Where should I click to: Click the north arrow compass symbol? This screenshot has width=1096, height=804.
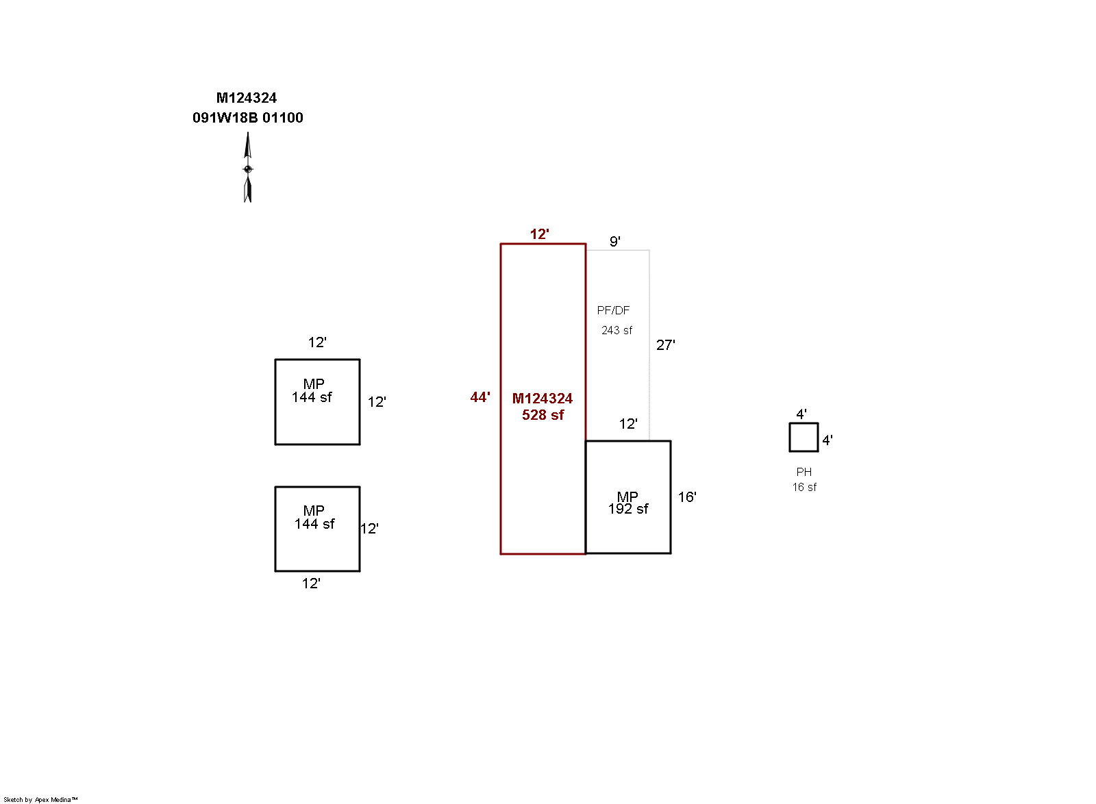click(248, 168)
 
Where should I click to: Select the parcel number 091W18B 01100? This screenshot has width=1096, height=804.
click(248, 118)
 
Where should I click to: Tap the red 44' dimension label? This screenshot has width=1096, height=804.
click(480, 397)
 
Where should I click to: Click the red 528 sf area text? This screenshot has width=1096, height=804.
click(543, 415)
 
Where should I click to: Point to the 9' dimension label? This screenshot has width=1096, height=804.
click(615, 241)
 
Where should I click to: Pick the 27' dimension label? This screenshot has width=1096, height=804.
click(665, 345)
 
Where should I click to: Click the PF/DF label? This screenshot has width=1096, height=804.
click(613, 310)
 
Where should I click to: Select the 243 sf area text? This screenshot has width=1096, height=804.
click(616, 330)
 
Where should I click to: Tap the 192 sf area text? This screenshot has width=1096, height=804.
click(628, 509)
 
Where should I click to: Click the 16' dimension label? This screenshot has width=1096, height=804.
click(687, 497)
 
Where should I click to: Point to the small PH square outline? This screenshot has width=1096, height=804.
click(804, 437)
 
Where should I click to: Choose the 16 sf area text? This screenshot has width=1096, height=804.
click(804, 487)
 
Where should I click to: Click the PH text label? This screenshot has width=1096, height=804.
click(804, 472)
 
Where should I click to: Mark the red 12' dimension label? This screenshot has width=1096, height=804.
click(539, 234)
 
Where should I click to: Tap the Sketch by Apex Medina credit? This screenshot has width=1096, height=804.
click(40, 799)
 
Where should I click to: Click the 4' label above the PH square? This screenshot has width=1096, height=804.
click(801, 414)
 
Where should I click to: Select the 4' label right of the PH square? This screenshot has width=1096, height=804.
click(827, 440)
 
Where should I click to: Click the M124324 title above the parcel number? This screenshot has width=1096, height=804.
click(247, 98)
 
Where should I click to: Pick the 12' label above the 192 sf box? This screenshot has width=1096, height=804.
click(628, 424)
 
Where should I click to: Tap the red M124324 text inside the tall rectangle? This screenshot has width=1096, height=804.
click(543, 399)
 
